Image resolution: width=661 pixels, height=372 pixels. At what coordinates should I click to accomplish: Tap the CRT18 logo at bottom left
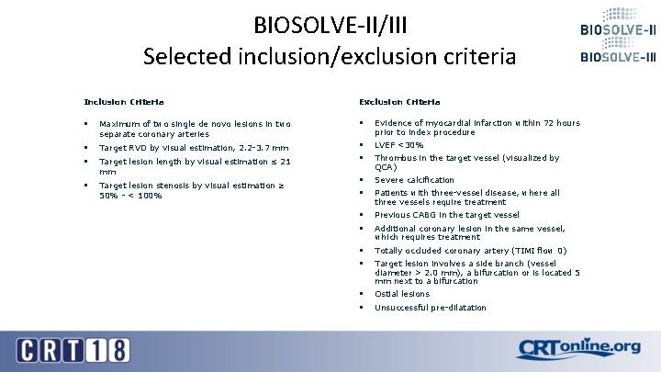click(73, 349)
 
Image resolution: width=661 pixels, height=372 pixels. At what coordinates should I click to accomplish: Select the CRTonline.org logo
click(578, 347)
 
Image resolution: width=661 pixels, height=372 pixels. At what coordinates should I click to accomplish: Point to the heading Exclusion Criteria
click(398, 101)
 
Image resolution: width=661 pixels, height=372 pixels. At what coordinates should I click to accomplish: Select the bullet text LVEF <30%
click(399, 145)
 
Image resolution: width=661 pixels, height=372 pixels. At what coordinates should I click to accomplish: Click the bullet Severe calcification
click(414, 180)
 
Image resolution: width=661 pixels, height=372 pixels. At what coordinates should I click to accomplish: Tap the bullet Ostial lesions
click(402, 294)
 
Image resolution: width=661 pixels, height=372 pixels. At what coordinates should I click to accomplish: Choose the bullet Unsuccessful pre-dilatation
click(431, 308)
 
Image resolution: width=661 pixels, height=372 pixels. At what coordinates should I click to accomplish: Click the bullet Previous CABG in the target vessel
click(447, 215)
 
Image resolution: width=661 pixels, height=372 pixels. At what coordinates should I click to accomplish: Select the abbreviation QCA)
click(386, 167)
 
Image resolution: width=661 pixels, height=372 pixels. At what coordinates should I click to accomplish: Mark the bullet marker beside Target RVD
click(84, 148)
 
